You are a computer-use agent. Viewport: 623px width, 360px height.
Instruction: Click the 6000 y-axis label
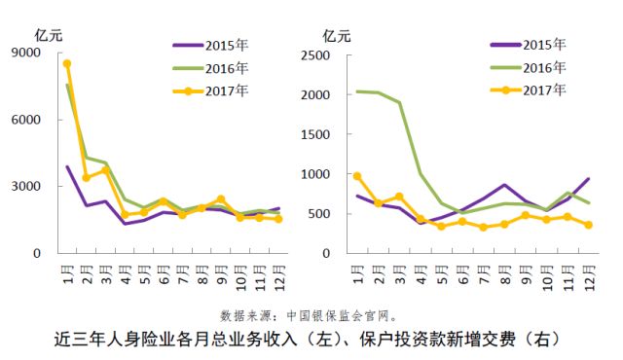[x=27, y=121]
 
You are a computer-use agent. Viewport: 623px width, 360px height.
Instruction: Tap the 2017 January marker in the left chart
[x=67, y=64]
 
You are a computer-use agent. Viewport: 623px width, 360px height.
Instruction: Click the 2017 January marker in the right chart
[x=357, y=176]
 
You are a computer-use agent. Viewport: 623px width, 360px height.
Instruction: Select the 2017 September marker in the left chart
[x=221, y=199]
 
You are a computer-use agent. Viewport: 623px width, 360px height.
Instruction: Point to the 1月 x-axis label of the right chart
[x=358, y=277]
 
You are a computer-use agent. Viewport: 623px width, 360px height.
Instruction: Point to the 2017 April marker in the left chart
[x=125, y=215]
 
